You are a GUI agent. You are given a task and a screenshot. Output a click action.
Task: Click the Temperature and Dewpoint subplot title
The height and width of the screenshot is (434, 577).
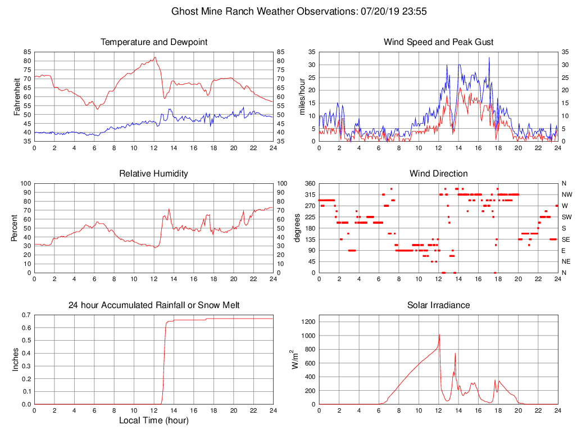153,42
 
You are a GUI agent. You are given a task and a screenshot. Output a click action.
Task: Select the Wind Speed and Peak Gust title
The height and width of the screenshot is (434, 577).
438,42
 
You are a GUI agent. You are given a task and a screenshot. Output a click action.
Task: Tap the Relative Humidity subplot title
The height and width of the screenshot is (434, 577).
153,174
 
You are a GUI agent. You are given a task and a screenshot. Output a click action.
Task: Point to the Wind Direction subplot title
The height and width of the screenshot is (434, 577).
438,174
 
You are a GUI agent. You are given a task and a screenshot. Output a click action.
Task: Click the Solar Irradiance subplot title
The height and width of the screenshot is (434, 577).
438,305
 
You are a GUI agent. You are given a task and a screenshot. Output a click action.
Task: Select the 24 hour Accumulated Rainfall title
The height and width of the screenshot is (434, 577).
153,305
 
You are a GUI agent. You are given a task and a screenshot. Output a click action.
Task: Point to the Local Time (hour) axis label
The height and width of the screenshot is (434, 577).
153,420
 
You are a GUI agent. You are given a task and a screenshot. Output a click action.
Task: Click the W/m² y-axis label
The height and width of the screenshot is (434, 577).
295,360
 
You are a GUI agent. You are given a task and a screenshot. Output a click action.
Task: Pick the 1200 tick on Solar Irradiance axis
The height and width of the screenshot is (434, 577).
308,322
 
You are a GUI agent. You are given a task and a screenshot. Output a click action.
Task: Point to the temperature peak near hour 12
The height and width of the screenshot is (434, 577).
155,57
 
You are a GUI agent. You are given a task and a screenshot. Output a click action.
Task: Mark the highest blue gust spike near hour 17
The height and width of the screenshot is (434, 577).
489,57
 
